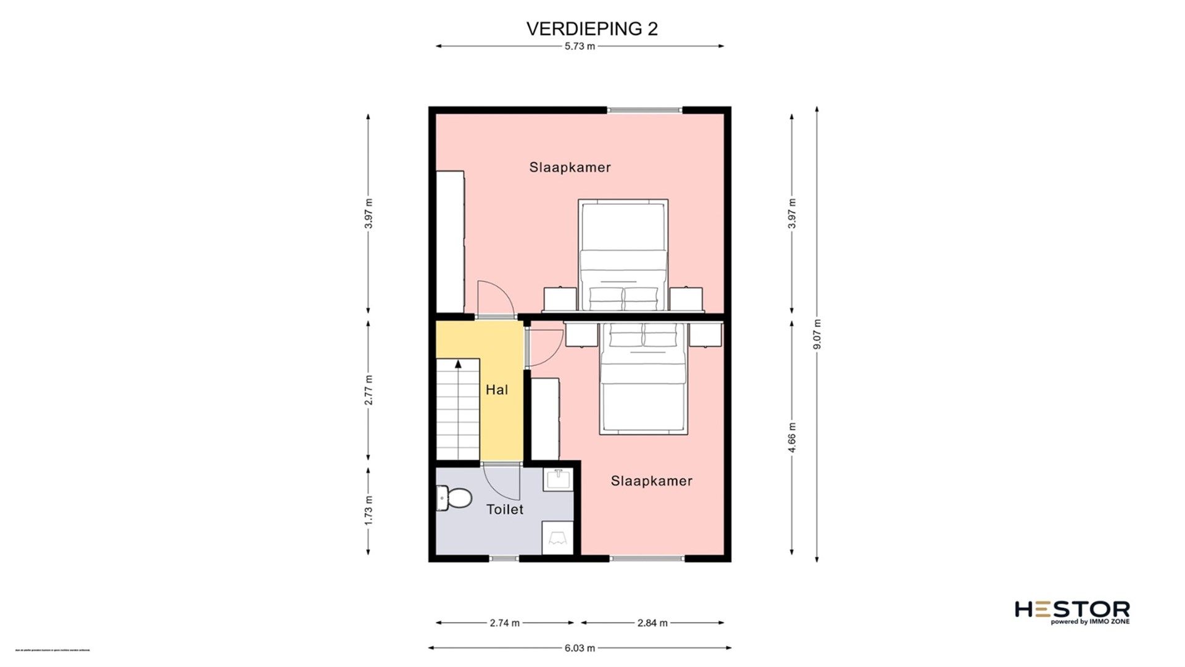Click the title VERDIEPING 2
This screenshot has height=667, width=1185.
pos(591,29)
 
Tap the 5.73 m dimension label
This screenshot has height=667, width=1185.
pos(580,46)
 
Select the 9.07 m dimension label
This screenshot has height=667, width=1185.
pos(817,334)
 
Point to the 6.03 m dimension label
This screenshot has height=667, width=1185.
pos(580,648)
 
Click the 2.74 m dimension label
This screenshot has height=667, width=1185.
pos(504,623)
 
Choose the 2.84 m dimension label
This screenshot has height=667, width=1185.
pos(652,623)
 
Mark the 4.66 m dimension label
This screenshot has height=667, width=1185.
pos(792,437)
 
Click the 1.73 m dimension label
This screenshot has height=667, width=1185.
pos(368,510)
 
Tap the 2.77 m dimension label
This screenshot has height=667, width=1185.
pos(368,390)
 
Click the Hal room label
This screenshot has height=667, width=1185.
pos(497,390)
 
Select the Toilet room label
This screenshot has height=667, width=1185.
pos(504,510)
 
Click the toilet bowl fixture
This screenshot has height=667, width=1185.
pos(454,498)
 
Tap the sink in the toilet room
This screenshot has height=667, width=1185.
pos(559,479)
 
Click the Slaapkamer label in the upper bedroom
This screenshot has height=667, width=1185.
pos(570,167)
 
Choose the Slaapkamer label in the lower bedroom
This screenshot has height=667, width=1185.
pos(651,481)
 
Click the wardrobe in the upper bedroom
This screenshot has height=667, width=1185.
pos(450,241)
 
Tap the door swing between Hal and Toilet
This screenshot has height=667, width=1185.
pos(503,484)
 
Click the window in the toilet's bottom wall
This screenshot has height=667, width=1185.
pos(504,559)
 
